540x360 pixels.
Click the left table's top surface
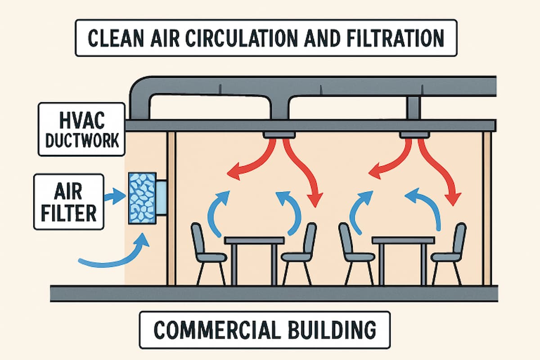(x=254, y=240)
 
